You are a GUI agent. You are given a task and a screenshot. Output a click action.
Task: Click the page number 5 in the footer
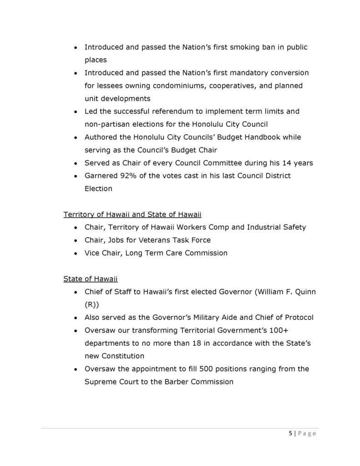coord(291,433)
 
